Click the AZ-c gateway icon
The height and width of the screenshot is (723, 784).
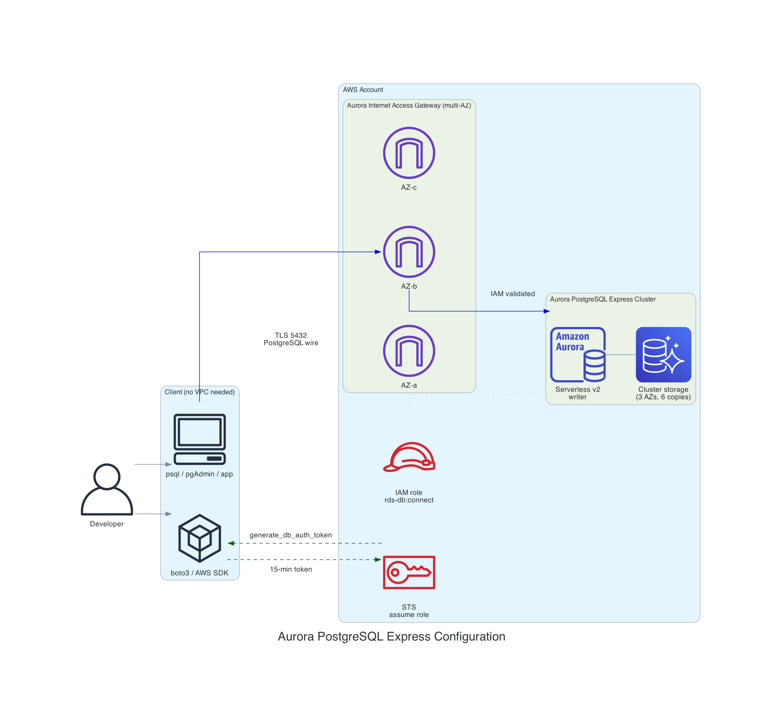click(x=409, y=153)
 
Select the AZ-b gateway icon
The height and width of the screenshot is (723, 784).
click(x=409, y=252)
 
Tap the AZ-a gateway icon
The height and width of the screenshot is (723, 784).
click(x=409, y=351)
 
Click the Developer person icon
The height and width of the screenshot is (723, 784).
click(x=107, y=490)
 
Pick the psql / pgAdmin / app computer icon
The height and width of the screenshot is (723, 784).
click(x=200, y=439)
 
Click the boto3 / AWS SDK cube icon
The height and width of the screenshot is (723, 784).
click(x=200, y=538)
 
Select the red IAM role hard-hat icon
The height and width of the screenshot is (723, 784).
click(x=409, y=457)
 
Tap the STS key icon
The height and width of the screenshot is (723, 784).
click(x=409, y=572)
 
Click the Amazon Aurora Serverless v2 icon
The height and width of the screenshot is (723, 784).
click(x=578, y=355)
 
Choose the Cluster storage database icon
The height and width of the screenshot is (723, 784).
click(x=663, y=355)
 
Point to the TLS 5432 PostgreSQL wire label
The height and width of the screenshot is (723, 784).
click(x=291, y=339)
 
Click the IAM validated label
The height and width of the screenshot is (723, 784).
click(x=512, y=294)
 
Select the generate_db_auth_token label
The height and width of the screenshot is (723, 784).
click(x=290, y=535)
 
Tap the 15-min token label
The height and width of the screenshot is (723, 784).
click(x=291, y=569)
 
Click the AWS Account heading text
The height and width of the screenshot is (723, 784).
click(x=363, y=89)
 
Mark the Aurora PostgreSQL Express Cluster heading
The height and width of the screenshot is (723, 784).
click(x=602, y=299)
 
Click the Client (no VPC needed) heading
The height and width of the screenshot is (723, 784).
click(x=200, y=392)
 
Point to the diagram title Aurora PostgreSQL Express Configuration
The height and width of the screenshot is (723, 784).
click(x=391, y=636)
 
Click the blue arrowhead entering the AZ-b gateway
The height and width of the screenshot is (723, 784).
click(x=378, y=252)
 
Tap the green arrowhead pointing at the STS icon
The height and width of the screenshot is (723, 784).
click(x=378, y=560)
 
